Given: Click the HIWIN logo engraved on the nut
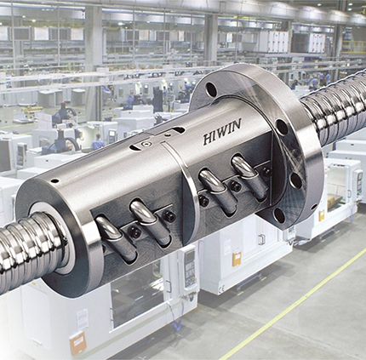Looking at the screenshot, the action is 222,132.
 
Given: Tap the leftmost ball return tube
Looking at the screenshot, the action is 116,238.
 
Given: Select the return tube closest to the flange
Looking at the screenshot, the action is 249,177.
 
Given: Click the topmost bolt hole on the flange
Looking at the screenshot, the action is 211,89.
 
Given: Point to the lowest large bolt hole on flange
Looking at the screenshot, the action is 279,215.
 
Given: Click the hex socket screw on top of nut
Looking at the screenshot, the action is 146,144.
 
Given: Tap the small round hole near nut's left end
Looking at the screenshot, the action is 54,180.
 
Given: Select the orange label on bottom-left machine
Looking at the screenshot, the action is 77,344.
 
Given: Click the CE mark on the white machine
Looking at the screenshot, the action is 222,289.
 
